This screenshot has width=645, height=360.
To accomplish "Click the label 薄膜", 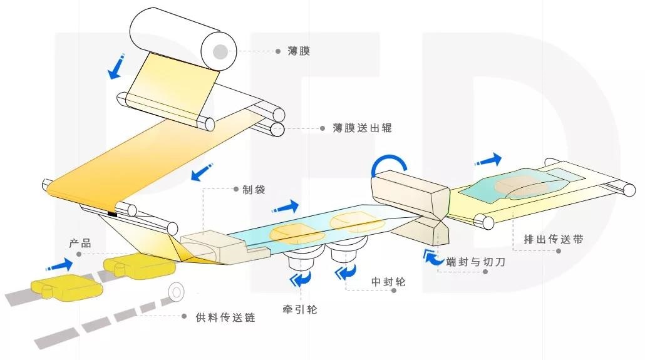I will (x=299, y=52).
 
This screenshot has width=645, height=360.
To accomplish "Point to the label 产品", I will (x=80, y=243).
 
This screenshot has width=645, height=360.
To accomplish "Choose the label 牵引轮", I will (x=300, y=309).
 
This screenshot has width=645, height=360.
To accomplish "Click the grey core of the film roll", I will (x=220, y=51).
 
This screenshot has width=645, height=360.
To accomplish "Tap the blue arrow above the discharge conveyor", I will (x=489, y=159).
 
